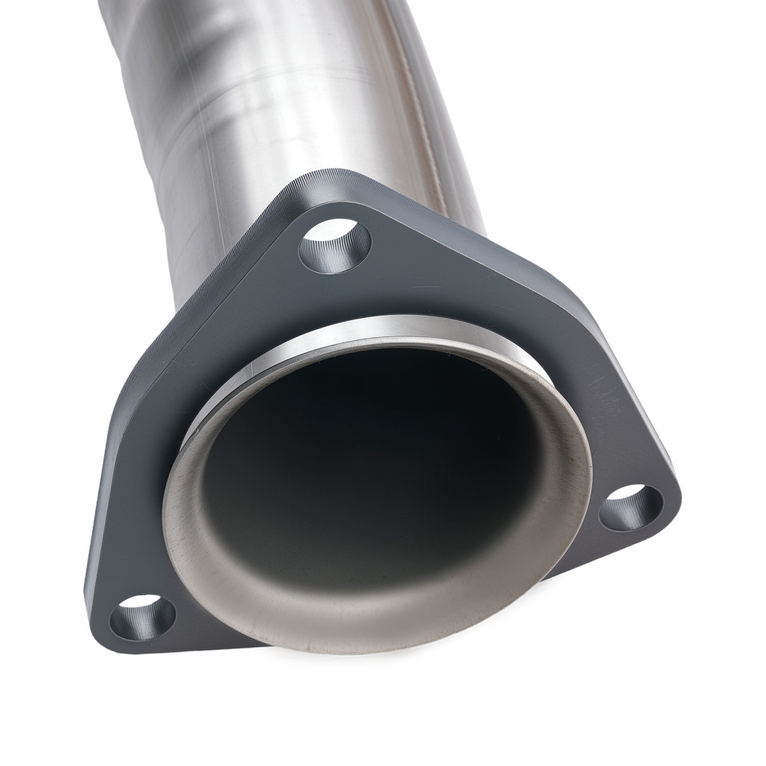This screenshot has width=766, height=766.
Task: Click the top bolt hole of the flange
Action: [x=335, y=244]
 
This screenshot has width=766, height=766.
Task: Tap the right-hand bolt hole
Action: [x=630, y=506]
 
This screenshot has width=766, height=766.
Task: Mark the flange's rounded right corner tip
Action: [x=674, y=498]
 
